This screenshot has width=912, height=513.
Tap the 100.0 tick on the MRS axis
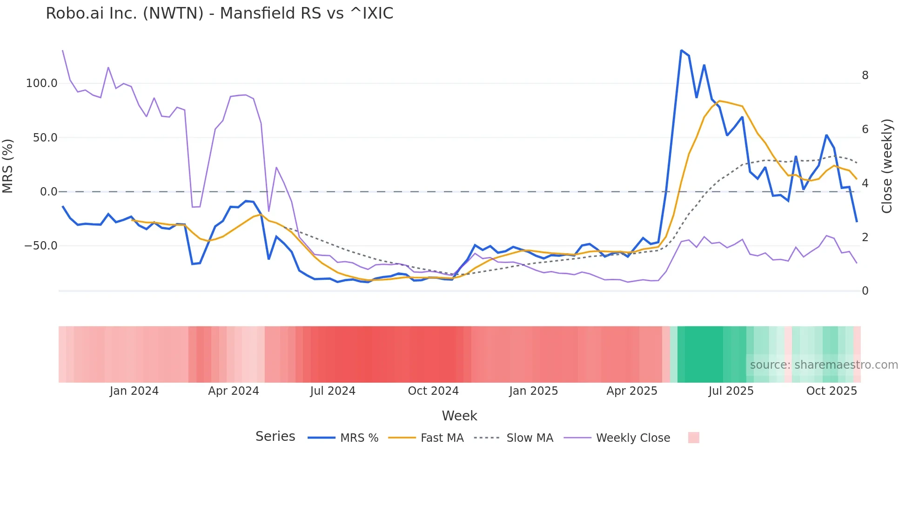(x=41, y=83)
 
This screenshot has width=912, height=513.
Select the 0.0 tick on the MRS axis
(x=48, y=192)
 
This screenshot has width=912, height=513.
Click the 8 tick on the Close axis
(x=865, y=75)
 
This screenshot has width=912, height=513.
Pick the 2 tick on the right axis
(x=865, y=237)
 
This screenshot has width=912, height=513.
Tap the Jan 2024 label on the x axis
(x=134, y=391)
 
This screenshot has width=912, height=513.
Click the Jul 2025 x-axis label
(x=731, y=391)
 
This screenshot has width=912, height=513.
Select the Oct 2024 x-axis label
(x=433, y=391)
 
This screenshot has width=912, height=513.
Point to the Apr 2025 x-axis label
(x=632, y=391)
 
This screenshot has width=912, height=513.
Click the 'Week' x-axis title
(x=459, y=416)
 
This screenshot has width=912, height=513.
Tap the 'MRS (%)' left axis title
(x=8, y=166)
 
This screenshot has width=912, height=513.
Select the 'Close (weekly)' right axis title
(x=887, y=166)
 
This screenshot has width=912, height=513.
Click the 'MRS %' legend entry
(x=359, y=438)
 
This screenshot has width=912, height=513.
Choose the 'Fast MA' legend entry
(x=442, y=438)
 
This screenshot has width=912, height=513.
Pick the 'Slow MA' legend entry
(x=530, y=438)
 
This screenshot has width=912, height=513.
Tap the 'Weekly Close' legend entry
(x=633, y=438)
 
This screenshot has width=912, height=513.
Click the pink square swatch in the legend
(x=693, y=438)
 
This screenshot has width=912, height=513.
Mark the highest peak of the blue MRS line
(x=681, y=50)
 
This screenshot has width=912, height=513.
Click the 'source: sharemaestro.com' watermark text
(x=824, y=365)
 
